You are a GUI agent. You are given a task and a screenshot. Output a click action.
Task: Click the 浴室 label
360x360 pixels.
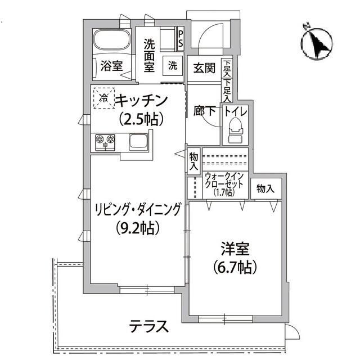[111, 65]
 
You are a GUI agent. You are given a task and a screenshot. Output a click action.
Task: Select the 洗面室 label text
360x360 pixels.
[149, 55]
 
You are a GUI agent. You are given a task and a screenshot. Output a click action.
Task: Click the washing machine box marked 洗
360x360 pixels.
[172, 65]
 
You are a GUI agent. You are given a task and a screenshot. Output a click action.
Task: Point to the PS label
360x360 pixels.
[181, 39]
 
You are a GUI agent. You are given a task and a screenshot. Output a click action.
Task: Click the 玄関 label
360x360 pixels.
[204, 68]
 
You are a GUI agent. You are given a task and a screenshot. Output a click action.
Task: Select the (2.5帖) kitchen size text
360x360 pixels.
[141, 119]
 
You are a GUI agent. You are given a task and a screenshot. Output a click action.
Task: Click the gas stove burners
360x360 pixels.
[105, 141]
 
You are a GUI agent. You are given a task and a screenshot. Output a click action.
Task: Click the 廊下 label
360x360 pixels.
[205, 111]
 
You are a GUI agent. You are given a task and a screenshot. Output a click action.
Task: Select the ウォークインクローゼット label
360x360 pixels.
[224, 183]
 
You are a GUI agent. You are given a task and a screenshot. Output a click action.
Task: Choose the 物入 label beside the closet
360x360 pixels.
[265, 189]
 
